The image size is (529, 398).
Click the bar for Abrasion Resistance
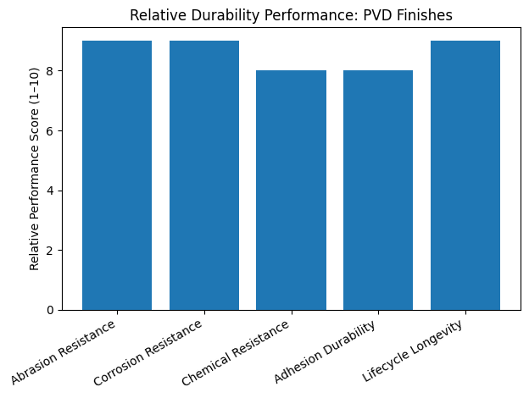click(117, 175)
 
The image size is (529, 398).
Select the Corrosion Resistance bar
click(204, 175)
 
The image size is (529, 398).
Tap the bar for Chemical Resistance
click(291, 190)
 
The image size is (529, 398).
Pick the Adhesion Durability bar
click(378, 190)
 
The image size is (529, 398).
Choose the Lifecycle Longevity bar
click(465, 175)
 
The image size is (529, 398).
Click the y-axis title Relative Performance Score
click(35, 175)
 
